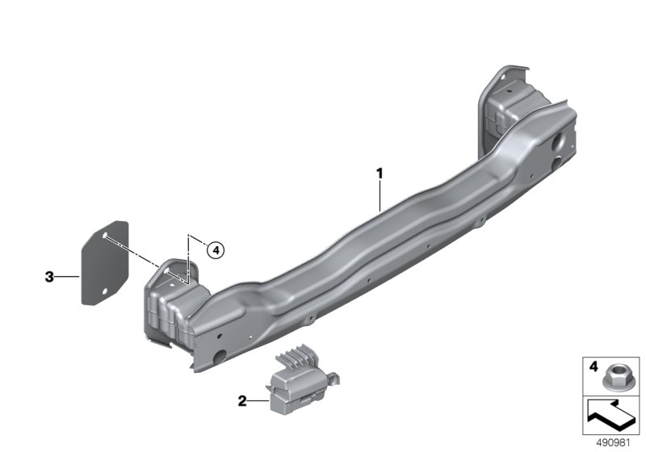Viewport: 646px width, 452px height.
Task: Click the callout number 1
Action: pyautogui.click(x=378, y=173)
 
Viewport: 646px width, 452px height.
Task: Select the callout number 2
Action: pyautogui.click(x=241, y=400)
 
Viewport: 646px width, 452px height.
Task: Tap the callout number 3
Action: pyautogui.click(x=49, y=278)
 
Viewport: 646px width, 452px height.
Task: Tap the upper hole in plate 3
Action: pyautogui.click(x=106, y=235)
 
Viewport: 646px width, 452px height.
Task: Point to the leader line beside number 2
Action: pyautogui.click(x=257, y=400)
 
